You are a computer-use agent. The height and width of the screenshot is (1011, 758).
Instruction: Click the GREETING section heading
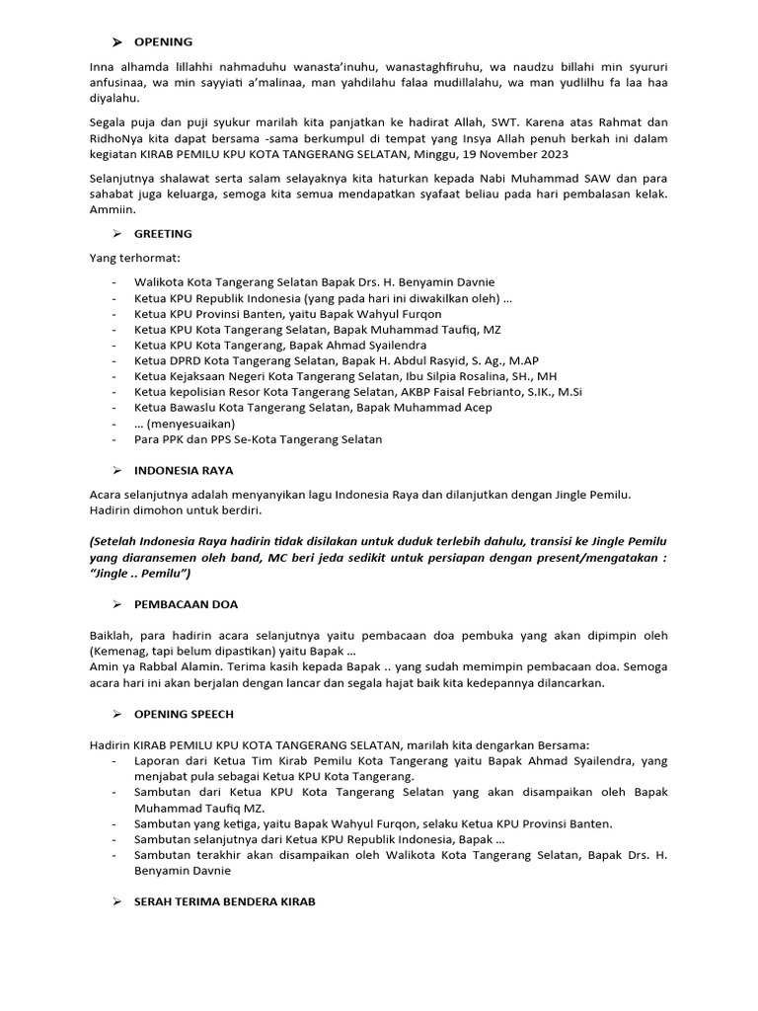coord(163,234)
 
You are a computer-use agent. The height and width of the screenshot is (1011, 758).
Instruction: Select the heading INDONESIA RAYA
coord(184,471)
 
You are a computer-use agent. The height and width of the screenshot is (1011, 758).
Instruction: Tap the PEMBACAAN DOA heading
coord(186,604)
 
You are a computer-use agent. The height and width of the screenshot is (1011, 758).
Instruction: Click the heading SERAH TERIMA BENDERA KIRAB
coord(225,902)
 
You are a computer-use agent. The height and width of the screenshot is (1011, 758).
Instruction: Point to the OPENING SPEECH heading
coord(184,713)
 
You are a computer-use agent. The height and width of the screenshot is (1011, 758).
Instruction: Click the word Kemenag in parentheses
coord(118,651)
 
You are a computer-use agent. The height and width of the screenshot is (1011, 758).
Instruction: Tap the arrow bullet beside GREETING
coord(115,234)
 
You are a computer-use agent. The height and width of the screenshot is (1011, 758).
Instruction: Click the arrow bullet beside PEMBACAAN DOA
coord(115,604)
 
